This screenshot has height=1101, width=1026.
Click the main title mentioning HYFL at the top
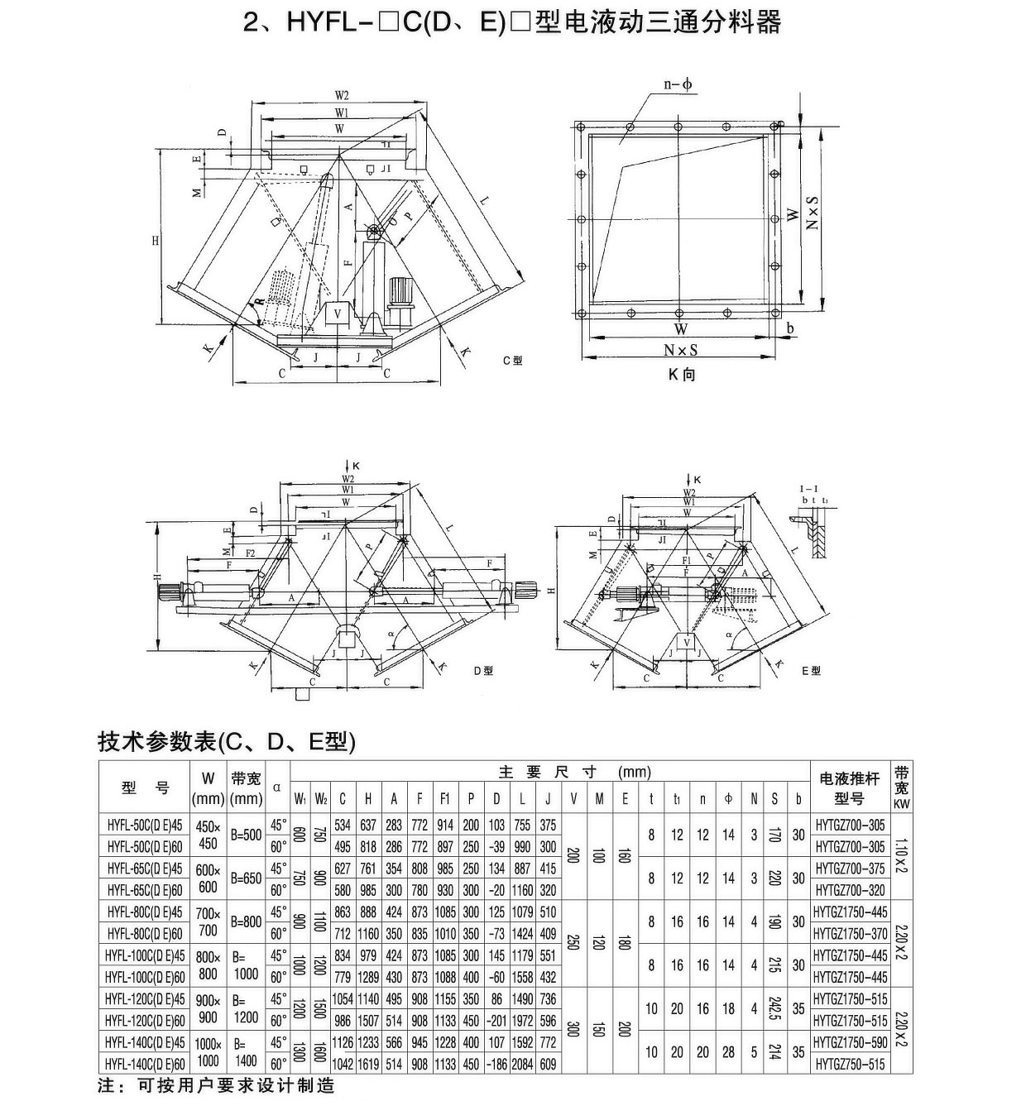[512, 22]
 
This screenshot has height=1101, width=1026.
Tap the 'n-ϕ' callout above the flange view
[678, 84]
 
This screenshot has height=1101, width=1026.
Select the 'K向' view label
[682, 375]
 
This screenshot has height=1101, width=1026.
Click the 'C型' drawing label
[512, 361]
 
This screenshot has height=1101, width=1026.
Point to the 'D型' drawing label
[483, 671]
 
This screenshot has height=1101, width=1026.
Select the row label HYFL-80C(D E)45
[145, 912]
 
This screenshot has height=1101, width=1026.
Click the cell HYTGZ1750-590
[850, 1042]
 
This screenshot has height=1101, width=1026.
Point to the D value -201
[496, 1021]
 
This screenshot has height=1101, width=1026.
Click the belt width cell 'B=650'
[247, 878]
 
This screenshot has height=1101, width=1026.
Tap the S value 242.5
[774, 1009]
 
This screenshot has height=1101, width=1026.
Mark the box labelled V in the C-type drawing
[337, 314]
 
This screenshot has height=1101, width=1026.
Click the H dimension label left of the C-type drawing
[155, 241]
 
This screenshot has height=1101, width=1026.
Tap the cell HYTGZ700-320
[850, 890]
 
